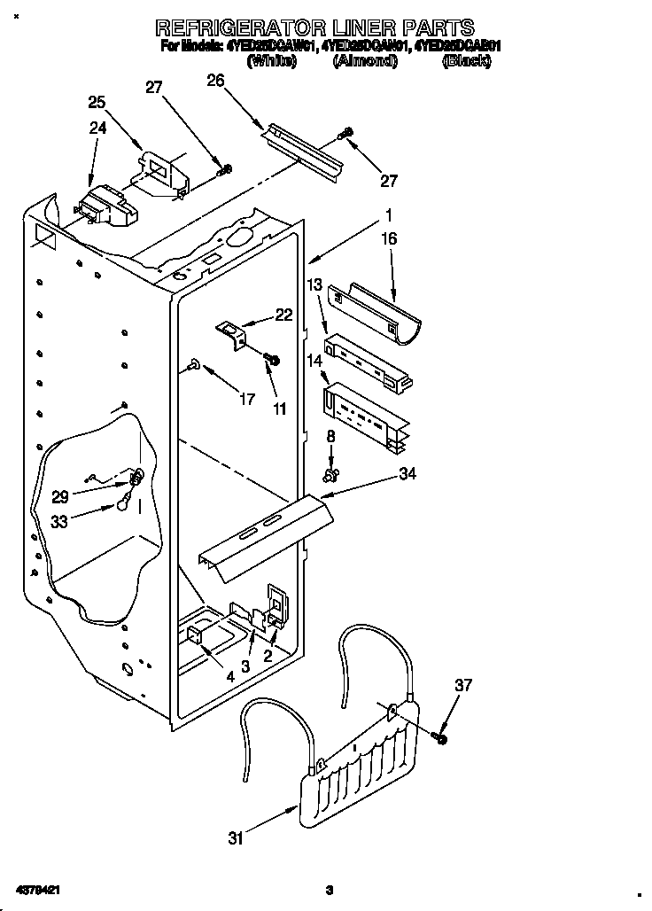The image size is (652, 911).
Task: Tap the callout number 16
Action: pyautogui.click(x=389, y=238)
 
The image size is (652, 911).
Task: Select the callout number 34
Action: pyautogui.click(x=407, y=475)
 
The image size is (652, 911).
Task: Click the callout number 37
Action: pyautogui.click(x=464, y=684)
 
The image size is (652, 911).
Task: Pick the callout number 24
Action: pyautogui.click(x=97, y=128)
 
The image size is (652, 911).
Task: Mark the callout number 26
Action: pyautogui.click(x=215, y=80)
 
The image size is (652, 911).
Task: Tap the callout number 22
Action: pyautogui.click(x=283, y=315)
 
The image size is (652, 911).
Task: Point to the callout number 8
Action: pyautogui.click(x=331, y=435)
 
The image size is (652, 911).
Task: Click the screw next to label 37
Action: pyautogui.click(x=440, y=736)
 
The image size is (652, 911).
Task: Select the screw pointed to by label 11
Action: pyautogui.click(x=272, y=359)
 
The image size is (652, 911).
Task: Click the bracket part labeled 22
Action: pyautogui.click(x=234, y=334)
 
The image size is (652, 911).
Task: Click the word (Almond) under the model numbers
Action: pyautogui.click(x=365, y=61)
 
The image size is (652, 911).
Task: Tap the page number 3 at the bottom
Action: pyautogui.click(x=329, y=889)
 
